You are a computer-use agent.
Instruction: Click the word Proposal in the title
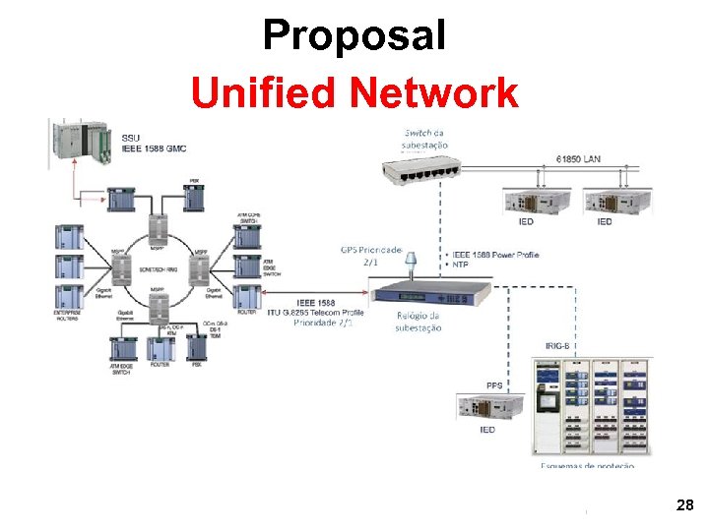click(x=354, y=36)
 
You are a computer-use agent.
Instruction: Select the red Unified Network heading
click(x=354, y=93)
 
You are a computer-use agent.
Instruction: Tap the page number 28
click(x=685, y=505)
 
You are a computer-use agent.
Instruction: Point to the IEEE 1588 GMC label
click(x=155, y=148)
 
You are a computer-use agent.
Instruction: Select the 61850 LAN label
click(x=578, y=157)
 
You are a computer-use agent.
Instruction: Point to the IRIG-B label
click(x=559, y=346)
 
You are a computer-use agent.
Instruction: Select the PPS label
click(x=494, y=385)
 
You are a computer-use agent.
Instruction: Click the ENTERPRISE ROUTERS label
click(x=68, y=316)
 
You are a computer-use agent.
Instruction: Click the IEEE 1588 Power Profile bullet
click(x=497, y=255)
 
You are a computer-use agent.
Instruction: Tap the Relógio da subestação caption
click(x=418, y=322)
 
